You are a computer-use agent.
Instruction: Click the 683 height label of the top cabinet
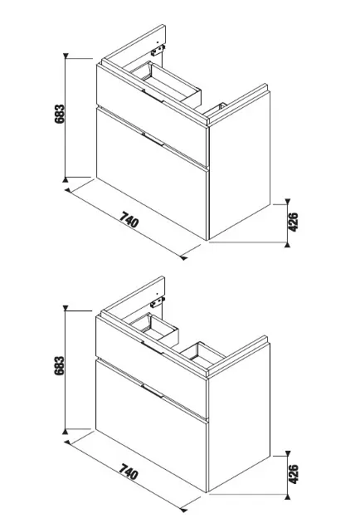60,114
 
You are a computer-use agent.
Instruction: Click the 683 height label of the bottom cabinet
60,365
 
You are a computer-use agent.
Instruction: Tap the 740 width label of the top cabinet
129,219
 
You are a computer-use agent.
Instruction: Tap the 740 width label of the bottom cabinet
129,472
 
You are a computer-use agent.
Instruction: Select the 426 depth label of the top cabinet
293,222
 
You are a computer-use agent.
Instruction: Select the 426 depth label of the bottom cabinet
293,474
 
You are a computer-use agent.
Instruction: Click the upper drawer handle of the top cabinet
153,95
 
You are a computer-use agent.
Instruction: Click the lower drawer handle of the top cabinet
153,139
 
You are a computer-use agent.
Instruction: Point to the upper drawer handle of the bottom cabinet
152,348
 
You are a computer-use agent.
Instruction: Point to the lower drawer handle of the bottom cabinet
152,391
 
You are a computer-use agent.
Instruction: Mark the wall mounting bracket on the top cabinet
158,51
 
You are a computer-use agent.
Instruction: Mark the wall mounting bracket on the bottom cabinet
158,302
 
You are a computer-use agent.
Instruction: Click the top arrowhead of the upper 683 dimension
66,56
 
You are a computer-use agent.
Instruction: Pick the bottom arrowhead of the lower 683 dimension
66,432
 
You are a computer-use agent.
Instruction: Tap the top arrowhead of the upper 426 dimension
288,201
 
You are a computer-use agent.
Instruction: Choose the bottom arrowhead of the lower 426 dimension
288,497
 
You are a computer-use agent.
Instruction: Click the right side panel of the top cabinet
240,165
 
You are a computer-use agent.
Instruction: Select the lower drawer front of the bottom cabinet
152,425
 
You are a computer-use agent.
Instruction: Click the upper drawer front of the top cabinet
153,115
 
